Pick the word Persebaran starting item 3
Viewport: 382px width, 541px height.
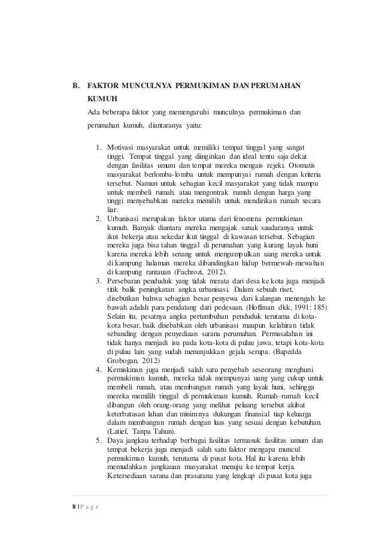tap(128, 282)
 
